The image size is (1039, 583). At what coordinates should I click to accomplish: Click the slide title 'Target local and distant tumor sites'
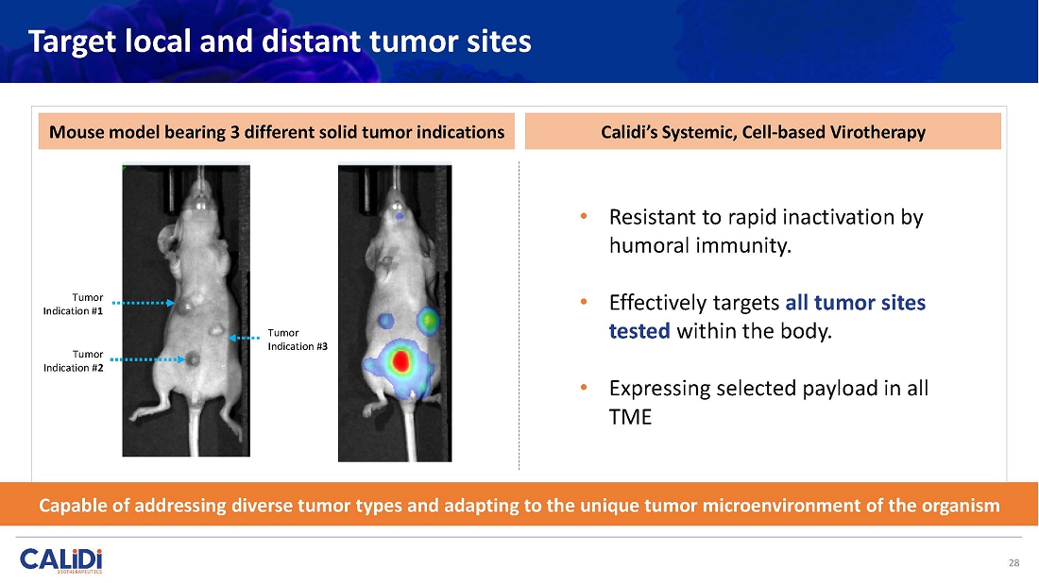pos(280,41)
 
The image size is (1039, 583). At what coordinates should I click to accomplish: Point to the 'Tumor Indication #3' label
pos(298,340)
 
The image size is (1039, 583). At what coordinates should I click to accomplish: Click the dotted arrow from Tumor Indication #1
pos(144,303)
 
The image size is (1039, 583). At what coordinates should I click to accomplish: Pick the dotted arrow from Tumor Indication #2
pos(147,359)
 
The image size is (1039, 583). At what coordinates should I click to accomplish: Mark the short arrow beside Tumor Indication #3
pos(244,338)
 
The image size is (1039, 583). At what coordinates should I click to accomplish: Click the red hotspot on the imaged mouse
pos(400,361)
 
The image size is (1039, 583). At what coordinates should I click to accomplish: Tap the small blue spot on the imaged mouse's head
pos(399,216)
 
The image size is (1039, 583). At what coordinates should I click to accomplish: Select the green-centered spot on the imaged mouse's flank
pos(428,321)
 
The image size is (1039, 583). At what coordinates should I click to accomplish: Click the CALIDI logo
pos(61,559)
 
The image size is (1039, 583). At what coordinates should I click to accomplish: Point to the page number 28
pos(1013,563)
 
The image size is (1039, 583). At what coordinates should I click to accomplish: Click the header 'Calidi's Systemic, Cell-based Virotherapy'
pos(763,132)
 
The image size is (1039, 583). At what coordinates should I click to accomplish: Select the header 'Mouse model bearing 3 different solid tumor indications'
pos(277,132)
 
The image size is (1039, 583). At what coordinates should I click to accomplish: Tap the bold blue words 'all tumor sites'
pos(856,303)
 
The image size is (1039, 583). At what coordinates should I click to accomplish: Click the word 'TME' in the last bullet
pos(630,417)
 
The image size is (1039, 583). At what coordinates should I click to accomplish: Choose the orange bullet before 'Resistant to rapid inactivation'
pos(584,216)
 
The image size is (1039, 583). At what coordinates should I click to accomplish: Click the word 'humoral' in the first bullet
pos(652,245)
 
